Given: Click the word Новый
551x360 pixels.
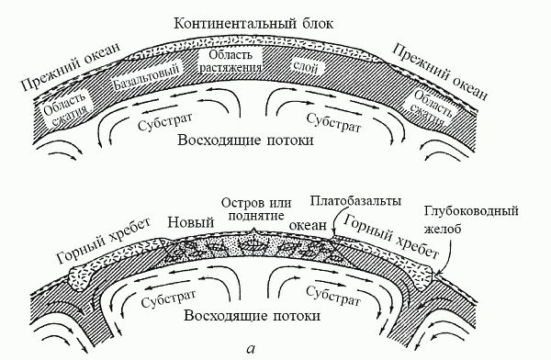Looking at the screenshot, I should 191,221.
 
